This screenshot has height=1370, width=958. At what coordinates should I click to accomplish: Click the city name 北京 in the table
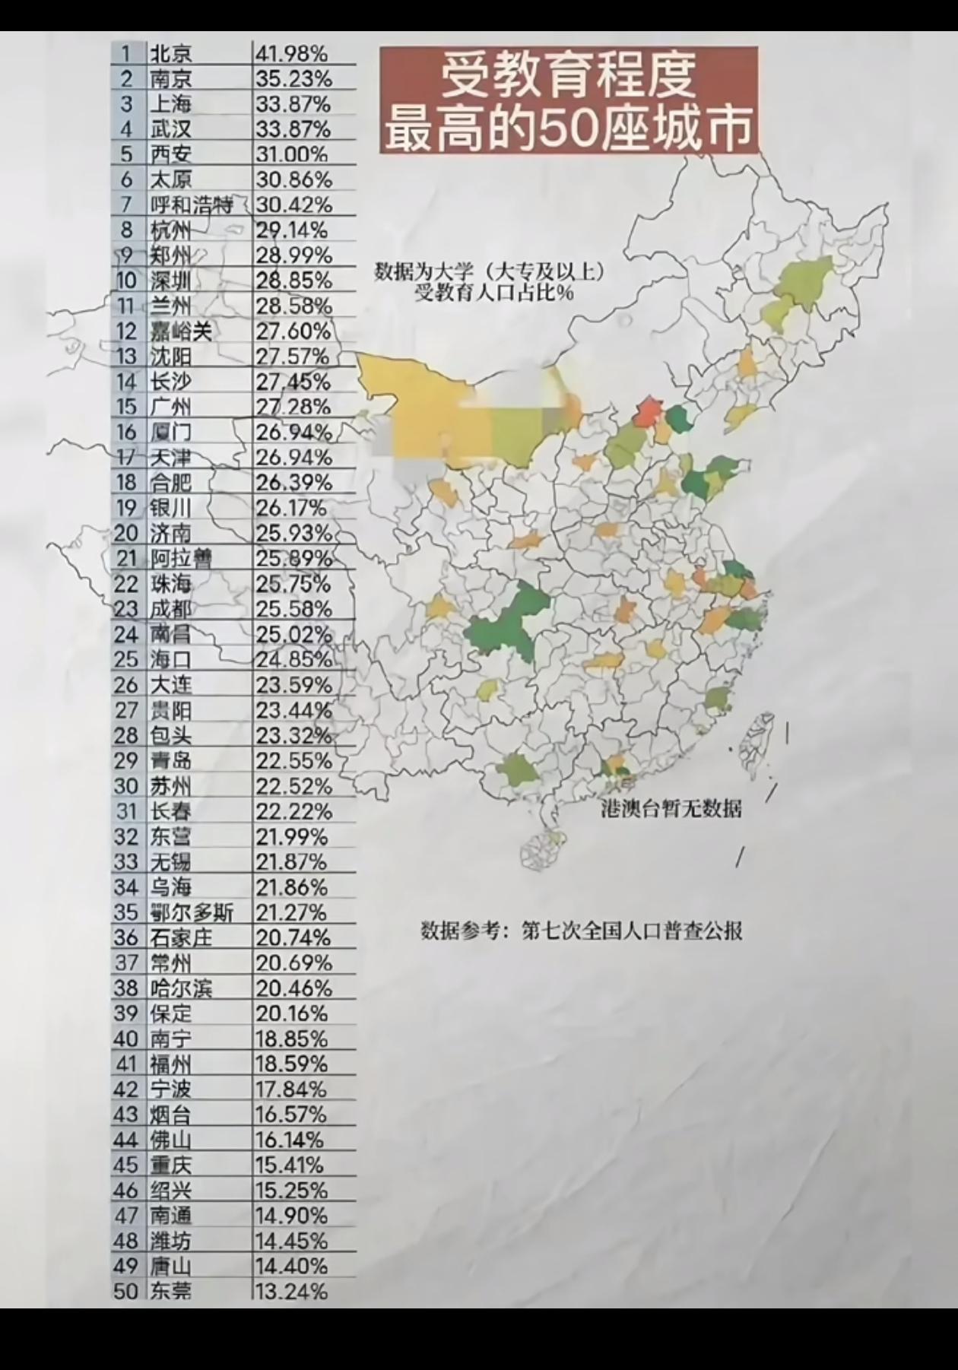[x=171, y=53]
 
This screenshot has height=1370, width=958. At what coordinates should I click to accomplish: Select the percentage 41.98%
[x=291, y=53]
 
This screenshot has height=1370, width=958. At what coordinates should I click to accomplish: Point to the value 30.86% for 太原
[x=293, y=179]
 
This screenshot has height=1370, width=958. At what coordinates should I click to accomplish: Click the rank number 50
[x=125, y=1290]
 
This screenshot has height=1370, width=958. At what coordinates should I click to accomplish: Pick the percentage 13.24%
[x=291, y=1290]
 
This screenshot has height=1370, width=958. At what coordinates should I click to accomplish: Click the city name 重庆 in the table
[x=171, y=1165]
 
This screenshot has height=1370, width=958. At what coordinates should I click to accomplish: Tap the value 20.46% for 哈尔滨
[x=293, y=988]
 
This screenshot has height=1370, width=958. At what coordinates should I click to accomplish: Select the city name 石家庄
[x=181, y=937]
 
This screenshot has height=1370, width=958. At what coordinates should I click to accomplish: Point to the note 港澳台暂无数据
[x=671, y=808]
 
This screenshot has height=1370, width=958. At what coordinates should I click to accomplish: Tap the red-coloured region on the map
[x=648, y=411]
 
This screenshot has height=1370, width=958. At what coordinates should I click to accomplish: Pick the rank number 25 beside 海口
[x=125, y=659]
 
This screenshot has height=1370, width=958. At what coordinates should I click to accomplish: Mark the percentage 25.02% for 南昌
[x=293, y=634]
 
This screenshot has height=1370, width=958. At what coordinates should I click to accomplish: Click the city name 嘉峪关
[x=181, y=331]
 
